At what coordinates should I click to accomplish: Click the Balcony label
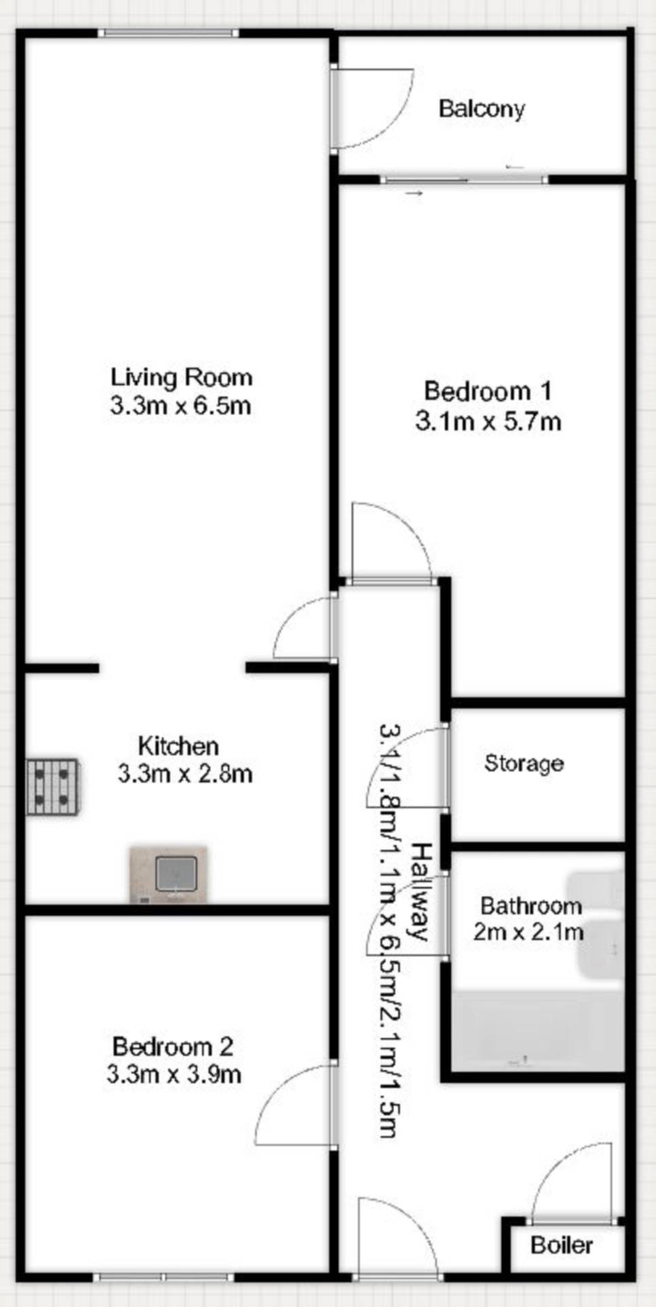click(x=482, y=109)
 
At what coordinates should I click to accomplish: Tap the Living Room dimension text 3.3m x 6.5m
click(x=180, y=406)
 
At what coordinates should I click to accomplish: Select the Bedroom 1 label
click(x=488, y=391)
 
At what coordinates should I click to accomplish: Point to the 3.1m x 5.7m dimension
click(x=488, y=422)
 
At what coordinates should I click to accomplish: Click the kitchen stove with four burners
click(x=53, y=786)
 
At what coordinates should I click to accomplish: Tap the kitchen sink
click(x=169, y=875)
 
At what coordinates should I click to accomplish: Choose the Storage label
click(x=524, y=763)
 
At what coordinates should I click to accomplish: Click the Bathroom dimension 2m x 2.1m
click(x=529, y=932)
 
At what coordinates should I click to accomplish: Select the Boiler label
click(x=561, y=1245)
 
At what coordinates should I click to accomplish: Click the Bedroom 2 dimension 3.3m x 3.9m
click(x=174, y=1075)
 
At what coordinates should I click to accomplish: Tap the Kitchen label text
click(x=178, y=746)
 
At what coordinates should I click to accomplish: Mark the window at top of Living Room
click(x=168, y=33)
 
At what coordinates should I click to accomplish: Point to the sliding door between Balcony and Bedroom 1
click(x=464, y=180)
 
